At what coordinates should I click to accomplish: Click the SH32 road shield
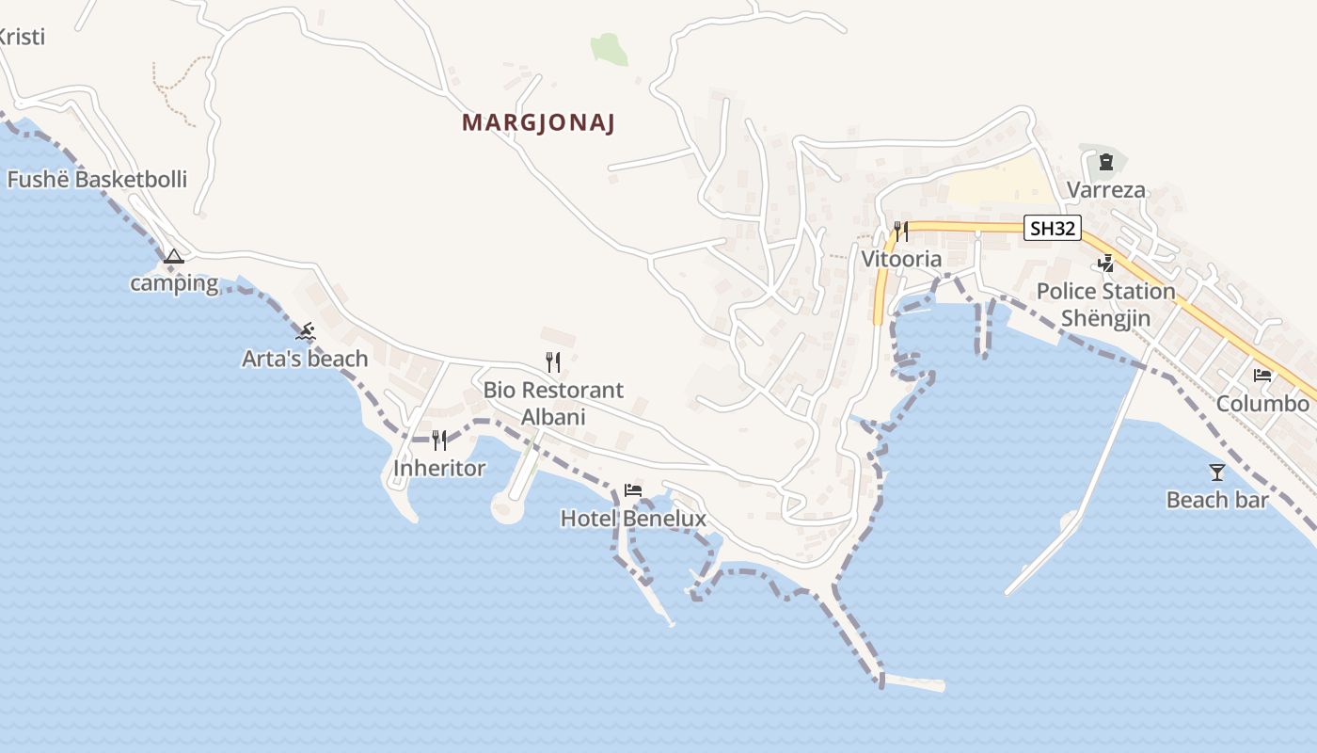coord(1052,228)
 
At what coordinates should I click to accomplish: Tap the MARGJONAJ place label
coord(538,123)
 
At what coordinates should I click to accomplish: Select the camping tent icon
coord(173,256)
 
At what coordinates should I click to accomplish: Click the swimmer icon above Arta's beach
coord(306,331)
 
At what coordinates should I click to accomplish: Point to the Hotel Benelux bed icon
coord(633,490)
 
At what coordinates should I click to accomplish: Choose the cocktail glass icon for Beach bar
coord(1217,472)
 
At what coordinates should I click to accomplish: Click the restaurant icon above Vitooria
coord(901,232)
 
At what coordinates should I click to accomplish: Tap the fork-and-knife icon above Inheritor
coord(438,441)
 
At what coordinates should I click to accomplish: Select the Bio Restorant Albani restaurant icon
coord(553,361)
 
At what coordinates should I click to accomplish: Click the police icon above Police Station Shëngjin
coord(1106,263)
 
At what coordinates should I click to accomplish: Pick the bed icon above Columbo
coord(1262,376)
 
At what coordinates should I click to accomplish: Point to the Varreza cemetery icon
coord(1105,162)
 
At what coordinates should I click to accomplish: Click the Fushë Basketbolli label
coord(97,179)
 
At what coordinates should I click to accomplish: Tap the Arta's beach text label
coord(305,359)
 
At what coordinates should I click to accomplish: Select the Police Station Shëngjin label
coord(1106,304)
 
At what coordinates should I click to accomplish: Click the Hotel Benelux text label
coord(633,519)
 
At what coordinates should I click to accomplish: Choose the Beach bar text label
coord(1217,500)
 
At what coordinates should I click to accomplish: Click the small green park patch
coord(610,49)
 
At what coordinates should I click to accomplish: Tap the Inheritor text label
coord(439,468)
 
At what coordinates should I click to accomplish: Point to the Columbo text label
coord(1262,404)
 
